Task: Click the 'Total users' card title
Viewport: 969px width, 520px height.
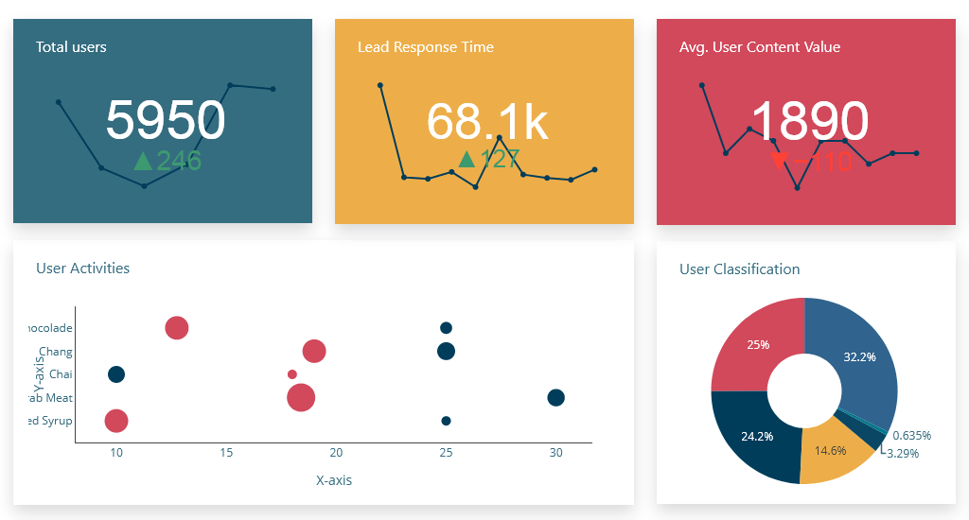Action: pyautogui.click(x=71, y=47)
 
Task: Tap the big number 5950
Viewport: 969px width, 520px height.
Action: pyautogui.click(x=166, y=121)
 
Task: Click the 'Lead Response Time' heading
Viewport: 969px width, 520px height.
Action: pyautogui.click(x=425, y=47)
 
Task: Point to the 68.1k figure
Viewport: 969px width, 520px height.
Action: pyautogui.click(x=486, y=122)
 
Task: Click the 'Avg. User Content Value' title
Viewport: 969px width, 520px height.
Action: pyautogui.click(x=759, y=47)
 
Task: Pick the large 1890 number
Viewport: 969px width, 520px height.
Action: pyautogui.click(x=809, y=122)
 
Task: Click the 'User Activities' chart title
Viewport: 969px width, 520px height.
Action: pyautogui.click(x=82, y=269)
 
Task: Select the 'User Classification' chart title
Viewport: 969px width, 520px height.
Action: pyautogui.click(x=739, y=269)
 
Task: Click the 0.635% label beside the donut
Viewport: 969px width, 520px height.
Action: pyautogui.click(x=911, y=436)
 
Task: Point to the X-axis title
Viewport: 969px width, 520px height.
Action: pyautogui.click(x=333, y=480)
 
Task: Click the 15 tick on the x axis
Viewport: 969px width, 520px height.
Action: pyautogui.click(x=226, y=453)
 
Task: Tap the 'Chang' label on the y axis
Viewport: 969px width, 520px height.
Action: pyautogui.click(x=56, y=352)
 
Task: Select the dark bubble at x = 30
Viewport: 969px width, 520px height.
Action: pyautogui.click(x=555, y=398)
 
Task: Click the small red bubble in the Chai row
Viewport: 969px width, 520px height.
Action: pyautogui.click(x=291, y=374)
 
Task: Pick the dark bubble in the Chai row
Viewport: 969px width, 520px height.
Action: pyautogui.click(x=116, y=374)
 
